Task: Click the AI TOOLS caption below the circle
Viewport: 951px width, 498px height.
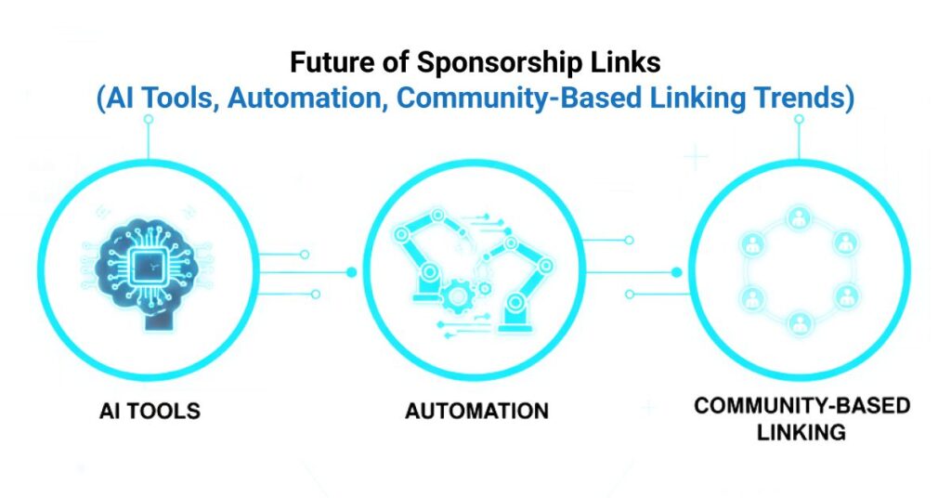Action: pos(149,409)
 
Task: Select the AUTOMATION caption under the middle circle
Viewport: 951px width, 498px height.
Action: pos(476,409)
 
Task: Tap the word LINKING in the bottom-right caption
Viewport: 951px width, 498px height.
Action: pos(801,432)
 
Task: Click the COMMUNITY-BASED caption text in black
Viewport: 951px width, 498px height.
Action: pos(801,406)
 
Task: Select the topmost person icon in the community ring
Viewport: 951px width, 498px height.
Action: pos(798,217)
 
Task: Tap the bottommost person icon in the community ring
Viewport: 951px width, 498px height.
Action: pos(798,322)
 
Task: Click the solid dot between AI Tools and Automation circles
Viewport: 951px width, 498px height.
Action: pos(351,272)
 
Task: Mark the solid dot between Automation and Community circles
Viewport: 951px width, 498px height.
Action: pos(676,272)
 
